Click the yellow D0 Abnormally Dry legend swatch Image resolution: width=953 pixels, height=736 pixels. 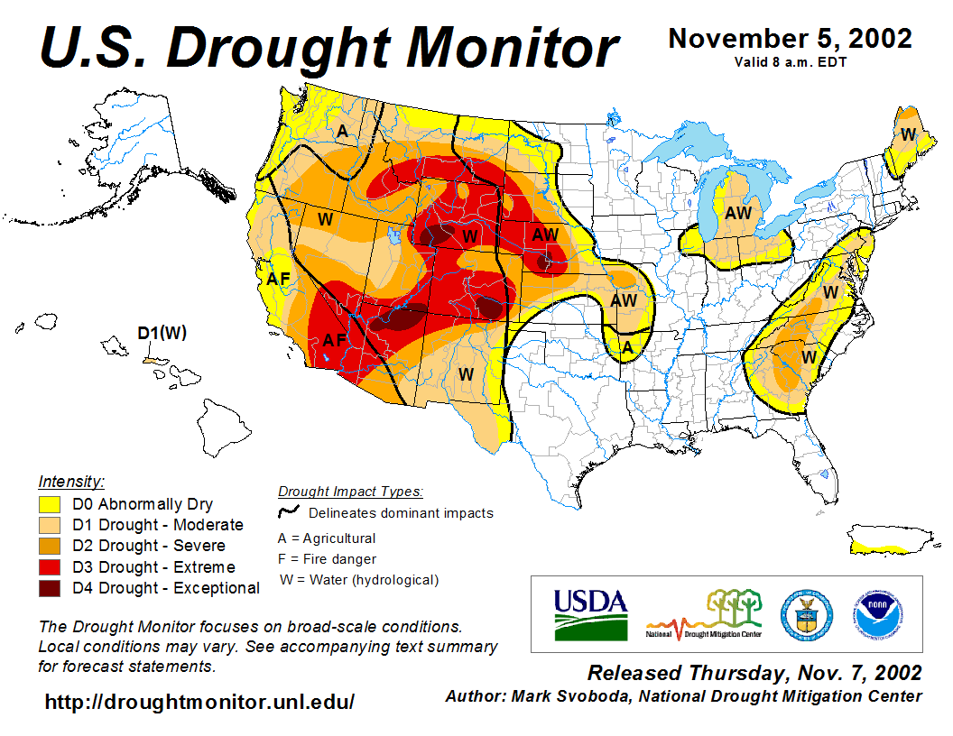click(49, 504)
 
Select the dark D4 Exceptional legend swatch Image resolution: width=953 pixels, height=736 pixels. click(49, 588)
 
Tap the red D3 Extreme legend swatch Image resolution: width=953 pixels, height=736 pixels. click(49, 567)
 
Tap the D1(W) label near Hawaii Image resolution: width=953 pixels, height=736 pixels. click(162, 333)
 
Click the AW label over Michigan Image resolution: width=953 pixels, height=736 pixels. click(738, 213)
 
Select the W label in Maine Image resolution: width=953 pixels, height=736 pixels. click(909, 134)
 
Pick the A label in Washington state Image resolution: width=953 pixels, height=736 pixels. click(342, 132)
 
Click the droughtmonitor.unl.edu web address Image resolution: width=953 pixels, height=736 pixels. click(199, 702)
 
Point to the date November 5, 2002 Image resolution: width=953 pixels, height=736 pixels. click(790, 39)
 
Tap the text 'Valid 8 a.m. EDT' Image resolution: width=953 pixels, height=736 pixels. click(790, 62)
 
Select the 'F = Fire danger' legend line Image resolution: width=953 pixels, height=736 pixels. click(327, 559)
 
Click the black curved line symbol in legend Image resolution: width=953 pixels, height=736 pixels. click(290, 512)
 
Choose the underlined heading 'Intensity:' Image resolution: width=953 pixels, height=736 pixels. click(71, 481)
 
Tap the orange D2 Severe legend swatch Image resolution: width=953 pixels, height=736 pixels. click(49, 547)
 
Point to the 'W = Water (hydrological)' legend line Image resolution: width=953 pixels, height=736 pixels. click(359, 580)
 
